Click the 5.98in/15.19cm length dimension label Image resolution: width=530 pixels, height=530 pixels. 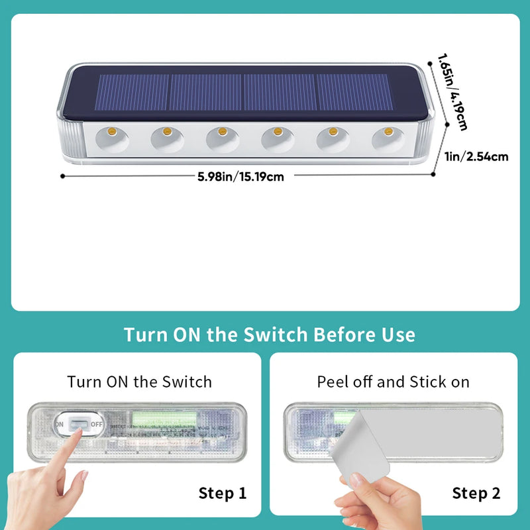click(x=240, y=177)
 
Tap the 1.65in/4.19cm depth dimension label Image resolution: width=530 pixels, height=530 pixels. click(x=452, y=92)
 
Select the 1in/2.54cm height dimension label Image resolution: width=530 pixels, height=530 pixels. click(x=476, y=157)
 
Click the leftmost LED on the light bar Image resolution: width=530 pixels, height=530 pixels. click(x=112, y=131)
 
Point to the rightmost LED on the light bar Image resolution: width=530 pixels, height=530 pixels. click(x=388, y=131)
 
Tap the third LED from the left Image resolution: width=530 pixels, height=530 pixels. click(x=222, y=131)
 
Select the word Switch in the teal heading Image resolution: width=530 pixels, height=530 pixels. click(x=275, y=335)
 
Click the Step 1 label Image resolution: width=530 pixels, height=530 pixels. click(x=223, y=493)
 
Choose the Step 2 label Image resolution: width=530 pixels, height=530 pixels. click(x=476, y=493)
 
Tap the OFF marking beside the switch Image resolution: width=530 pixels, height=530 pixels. click(x=96, y=424)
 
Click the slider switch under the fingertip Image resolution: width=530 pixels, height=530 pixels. click(x=79, y=424)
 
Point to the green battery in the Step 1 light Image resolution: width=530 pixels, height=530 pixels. click(x=164, y=419)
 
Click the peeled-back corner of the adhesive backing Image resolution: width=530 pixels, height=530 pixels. click(x=362, y=446)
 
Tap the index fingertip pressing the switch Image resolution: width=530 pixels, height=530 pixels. click(x=78, y=432)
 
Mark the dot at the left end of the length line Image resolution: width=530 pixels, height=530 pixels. click(x=62, y=176)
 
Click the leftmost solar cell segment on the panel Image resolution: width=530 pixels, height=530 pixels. click(x=132, y=92)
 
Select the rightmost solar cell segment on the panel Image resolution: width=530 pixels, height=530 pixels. click(x=355, y=92)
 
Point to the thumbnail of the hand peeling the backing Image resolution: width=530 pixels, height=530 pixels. click(x=353, y=480)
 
